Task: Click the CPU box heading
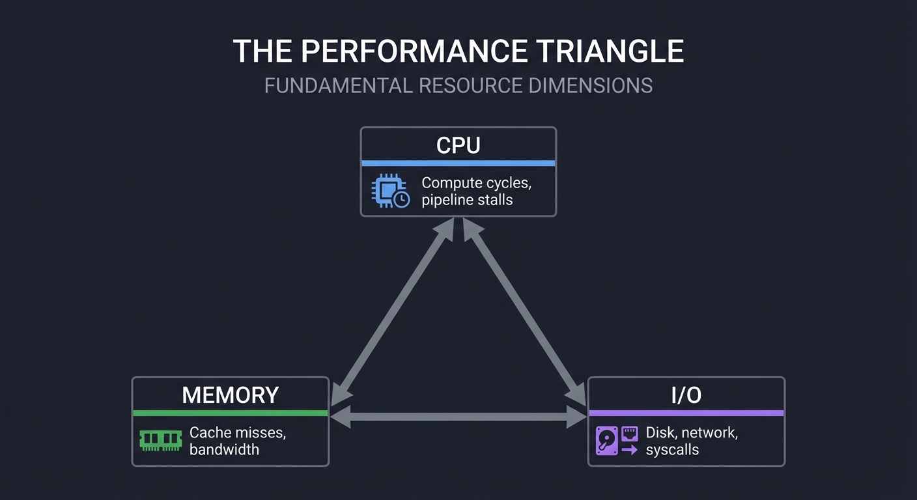(458, 145)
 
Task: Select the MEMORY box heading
(230, 395)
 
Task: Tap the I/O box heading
(686, 395)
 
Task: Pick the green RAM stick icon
(160, 440)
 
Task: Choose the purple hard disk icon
(606, 441)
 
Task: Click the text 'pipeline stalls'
(467, 200)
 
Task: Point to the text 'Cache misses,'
(237, 432)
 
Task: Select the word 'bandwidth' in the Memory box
(224, 449)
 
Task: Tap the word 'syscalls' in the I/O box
(672, 449)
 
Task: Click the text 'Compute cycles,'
(476, 183)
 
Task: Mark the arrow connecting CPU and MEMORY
(393, 309)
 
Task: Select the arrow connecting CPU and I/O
(524, 309)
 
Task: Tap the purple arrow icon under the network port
(629, 449)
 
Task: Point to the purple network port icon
(629, 432)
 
